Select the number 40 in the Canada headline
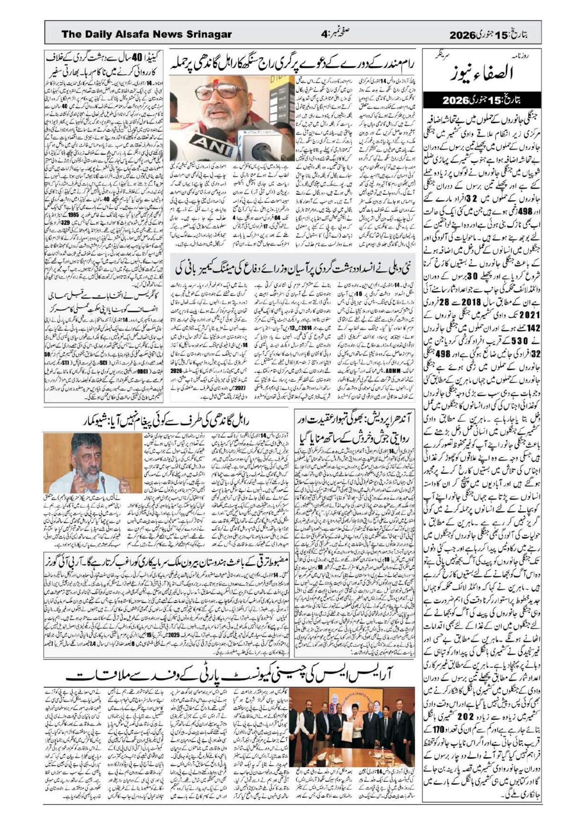(x=138, y=57)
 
